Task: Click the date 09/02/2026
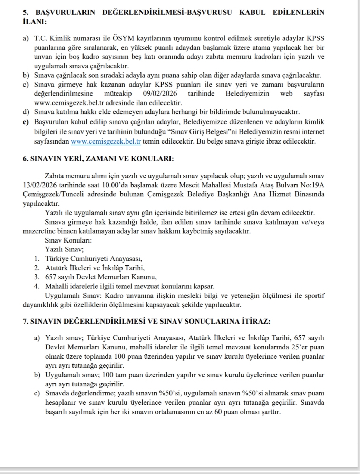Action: tap(160, 93)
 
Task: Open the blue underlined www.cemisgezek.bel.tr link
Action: tap(106, 141)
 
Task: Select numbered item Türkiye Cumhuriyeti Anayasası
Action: tap(94, 258)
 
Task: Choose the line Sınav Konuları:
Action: tap(68, 240)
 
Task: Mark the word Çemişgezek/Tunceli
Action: tap(51, 194)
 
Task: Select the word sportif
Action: tap(315, 296)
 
